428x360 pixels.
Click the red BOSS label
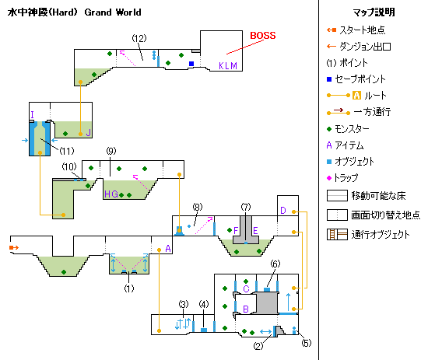[x=263, y=36]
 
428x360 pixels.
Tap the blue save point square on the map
[x=191, y=64]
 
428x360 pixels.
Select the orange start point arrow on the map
[x=14, y=247]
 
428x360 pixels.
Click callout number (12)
[x=139, y=38]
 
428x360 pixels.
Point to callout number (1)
[x=129, y=288]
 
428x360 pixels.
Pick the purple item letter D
[x=283, y=211]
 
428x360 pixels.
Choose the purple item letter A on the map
[x=168, y=249]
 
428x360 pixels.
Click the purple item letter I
[x=33, y=114]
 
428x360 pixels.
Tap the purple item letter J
[x=89, y=133]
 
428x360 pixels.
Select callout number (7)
[x=246, y=207]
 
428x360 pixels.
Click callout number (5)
[x=307, y=343]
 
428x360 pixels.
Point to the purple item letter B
[x=246, y=309]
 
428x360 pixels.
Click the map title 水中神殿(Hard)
[x=43, y=12]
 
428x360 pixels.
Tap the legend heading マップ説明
[x=374, y=12]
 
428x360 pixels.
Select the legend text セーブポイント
[x=360, y=79]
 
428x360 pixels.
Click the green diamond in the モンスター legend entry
[x=329, y=129]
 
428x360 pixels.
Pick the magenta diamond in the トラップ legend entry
[x=329, y=178]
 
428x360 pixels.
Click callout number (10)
[x=69, y=166]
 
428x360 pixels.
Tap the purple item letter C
[x=246, y=288]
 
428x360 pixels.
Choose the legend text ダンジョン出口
[x=365, y=47]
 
